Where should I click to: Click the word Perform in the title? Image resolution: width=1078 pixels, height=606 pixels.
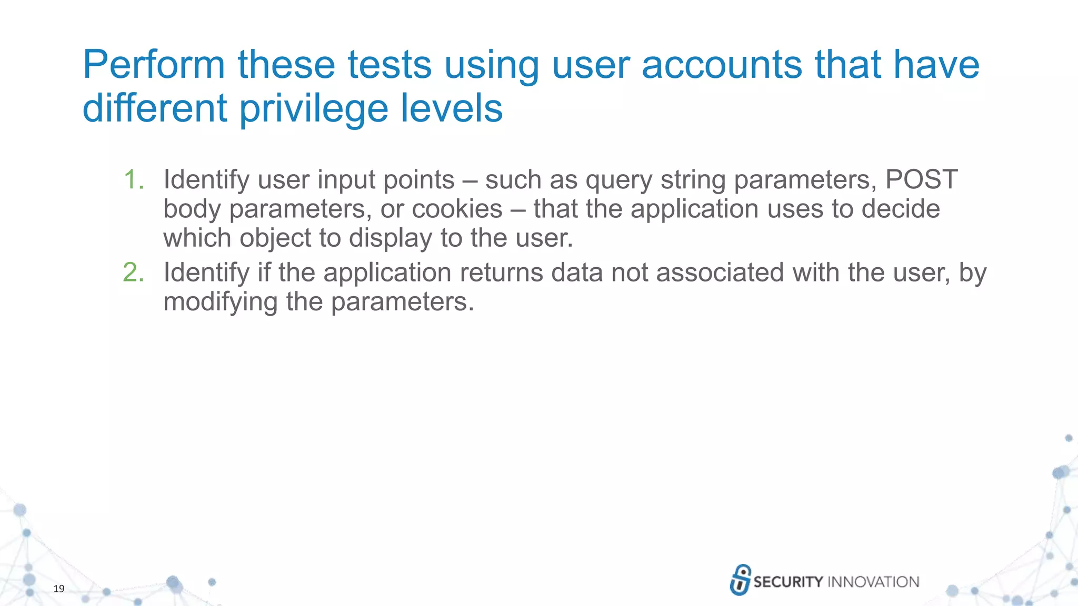coord(154,65)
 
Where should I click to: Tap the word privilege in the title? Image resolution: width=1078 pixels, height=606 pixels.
coord(314,109)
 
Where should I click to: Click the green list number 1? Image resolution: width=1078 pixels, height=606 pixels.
coord(133,180)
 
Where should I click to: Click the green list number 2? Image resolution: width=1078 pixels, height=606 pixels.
coord(133,273)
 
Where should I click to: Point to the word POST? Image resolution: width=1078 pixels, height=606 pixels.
coord(921,180)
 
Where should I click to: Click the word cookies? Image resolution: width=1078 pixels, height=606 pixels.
coord(457,209)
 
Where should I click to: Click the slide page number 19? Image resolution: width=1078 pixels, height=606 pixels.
coord(59,589)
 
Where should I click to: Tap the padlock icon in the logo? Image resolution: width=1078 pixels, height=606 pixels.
coord(740,580)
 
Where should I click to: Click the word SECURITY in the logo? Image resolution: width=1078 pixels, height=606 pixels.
coord(787,582)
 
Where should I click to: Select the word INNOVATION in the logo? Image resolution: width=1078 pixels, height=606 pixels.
coord(873,582)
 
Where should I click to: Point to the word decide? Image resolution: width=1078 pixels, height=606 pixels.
coord(901,209)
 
